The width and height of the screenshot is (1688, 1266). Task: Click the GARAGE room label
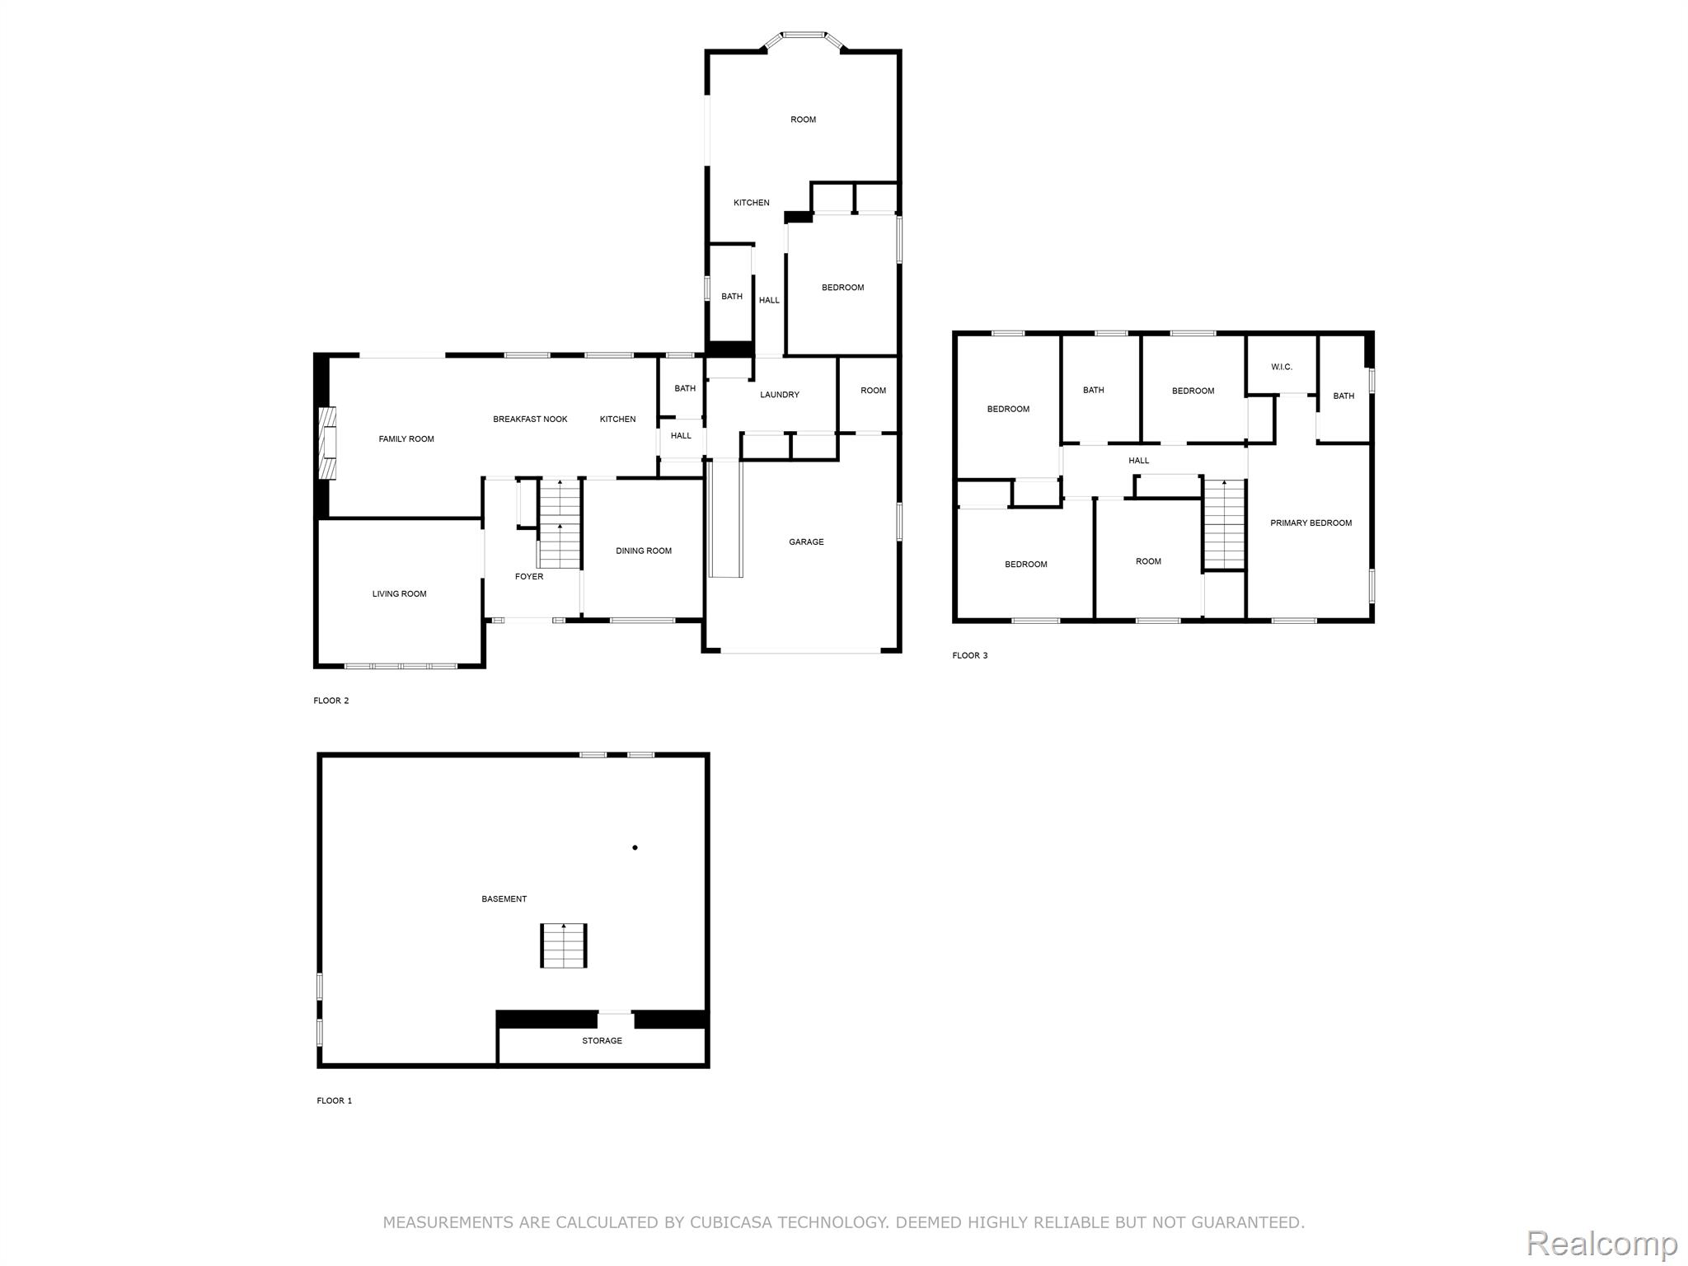806,542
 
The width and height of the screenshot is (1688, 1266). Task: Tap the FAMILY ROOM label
406,439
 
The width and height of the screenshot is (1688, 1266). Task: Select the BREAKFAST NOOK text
530,420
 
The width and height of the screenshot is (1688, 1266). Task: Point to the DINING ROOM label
644,551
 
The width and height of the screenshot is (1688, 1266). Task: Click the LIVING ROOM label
399,594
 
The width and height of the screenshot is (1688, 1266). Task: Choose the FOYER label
529,577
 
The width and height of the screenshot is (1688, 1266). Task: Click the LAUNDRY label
780,395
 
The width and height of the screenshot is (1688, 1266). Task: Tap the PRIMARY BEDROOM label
1311,523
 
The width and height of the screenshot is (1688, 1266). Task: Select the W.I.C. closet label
1282,368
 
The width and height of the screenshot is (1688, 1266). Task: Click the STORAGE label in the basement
602,1041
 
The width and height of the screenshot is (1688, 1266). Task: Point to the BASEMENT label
504,899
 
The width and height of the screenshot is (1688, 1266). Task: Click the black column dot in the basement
635,847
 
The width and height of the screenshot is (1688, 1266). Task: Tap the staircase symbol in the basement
564,946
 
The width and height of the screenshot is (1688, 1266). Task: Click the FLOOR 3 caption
969,656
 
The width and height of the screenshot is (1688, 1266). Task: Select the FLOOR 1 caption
334,1101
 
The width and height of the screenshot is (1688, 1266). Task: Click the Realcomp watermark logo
1601,1243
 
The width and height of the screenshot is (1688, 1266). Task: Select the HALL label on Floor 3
1138,461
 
